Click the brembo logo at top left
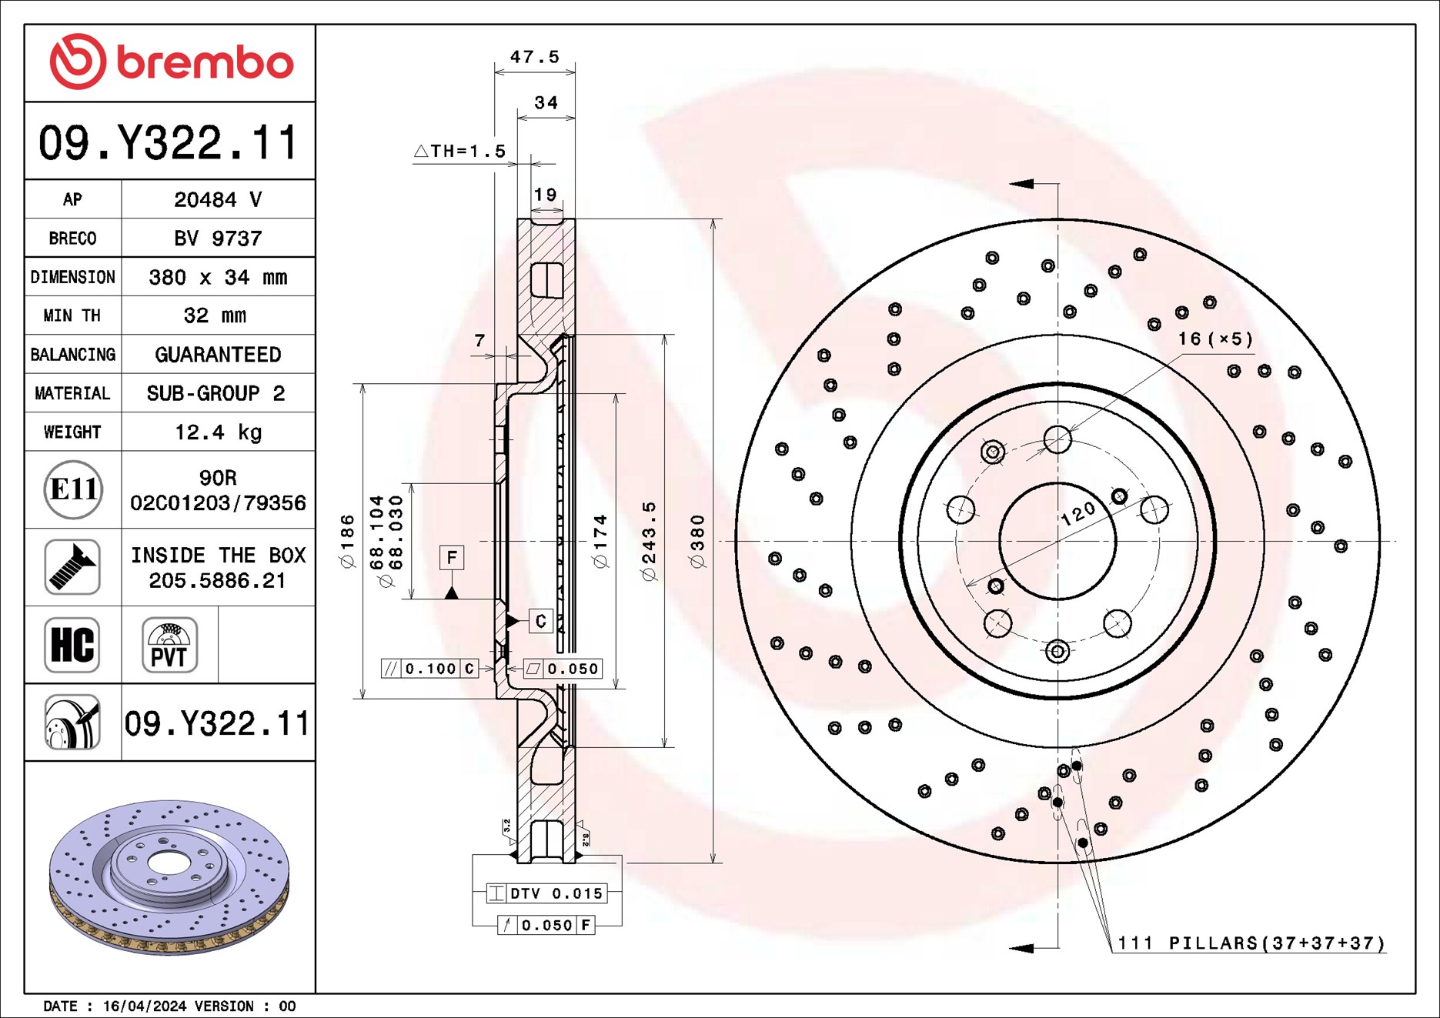[171, 62]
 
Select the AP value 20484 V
[218, 199]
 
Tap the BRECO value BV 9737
[218, 238]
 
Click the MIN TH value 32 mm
[215, 315]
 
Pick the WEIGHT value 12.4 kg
[218, 432]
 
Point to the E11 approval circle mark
[73, 489]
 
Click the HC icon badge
[72, 645]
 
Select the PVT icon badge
[169, 645]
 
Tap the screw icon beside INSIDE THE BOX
[72, 567]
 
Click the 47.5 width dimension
[534, 57]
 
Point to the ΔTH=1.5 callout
[460, 151]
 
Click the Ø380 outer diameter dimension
[697, 540]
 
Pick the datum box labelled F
[452, 557]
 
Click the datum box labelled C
[540, 621]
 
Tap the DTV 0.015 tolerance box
[547, 893]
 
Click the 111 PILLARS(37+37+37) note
[1251, 943]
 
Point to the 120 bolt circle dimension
[1077, 513]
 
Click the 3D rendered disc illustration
[169, 877]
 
